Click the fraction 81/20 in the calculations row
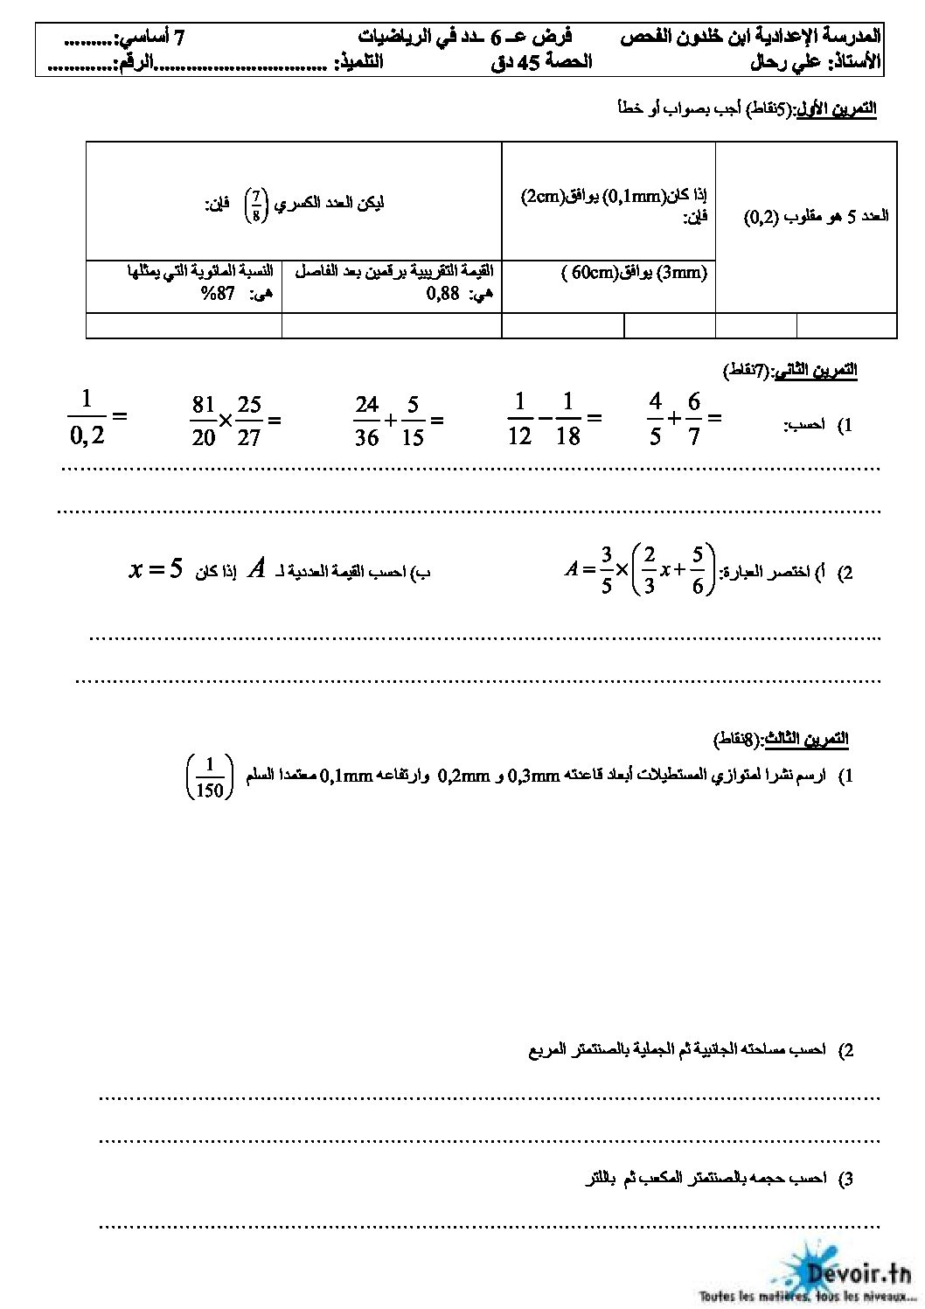[203, 420]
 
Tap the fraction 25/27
[249, 420]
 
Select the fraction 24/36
[367, 420]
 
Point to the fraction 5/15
[413, 420]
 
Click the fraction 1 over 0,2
[86, 417]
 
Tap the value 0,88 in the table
[443, 296]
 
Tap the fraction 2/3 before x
[648, 570]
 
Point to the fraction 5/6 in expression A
[698, 570]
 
